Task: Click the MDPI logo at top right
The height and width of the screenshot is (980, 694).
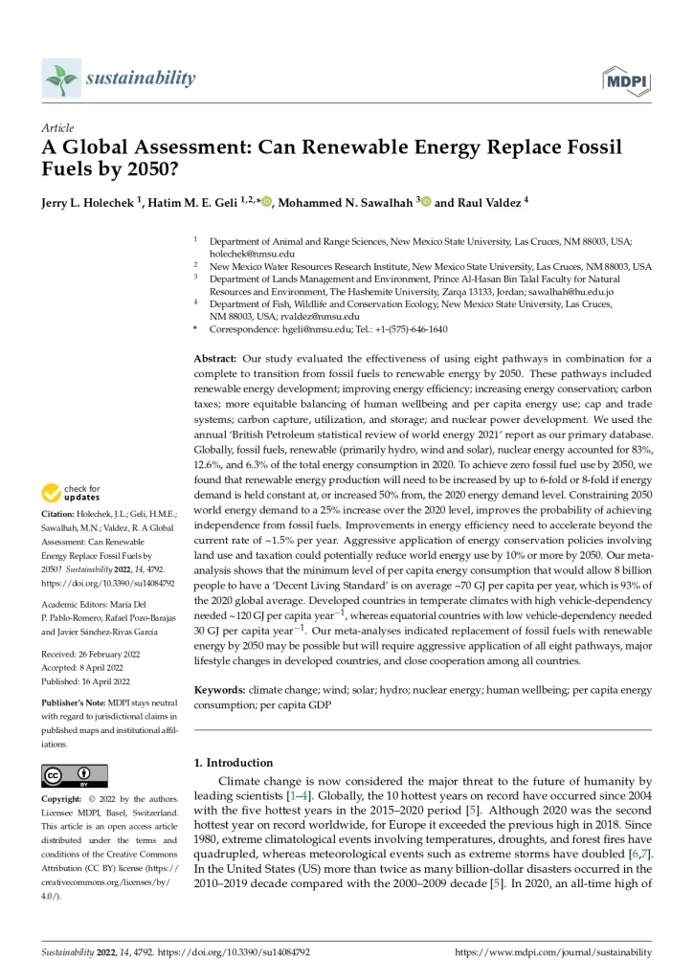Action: [626, 79]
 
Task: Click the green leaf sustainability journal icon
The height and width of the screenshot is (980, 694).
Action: [59, 78]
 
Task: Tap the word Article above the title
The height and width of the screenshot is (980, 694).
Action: [56, 127]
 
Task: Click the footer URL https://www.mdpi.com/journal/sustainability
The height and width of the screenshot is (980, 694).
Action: [552, 952]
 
